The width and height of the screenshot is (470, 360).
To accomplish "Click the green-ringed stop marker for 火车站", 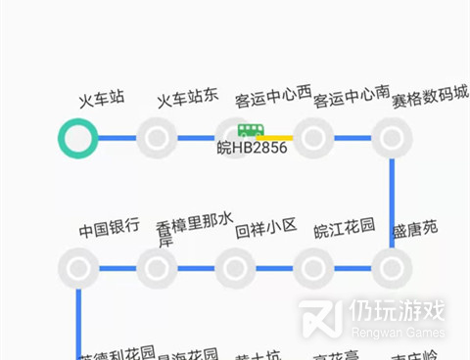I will click(77, 138).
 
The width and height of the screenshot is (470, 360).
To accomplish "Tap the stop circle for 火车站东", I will click(157, 138).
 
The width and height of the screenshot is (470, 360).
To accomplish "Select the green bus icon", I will click(251, 130).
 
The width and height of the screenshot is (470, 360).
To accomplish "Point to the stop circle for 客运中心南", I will click(313, 138).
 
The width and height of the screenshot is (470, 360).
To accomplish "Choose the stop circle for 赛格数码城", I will click(392, 138).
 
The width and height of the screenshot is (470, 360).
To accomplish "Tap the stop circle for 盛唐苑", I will click(392, 267).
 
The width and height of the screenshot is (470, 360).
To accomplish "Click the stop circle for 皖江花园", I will click(313, 267).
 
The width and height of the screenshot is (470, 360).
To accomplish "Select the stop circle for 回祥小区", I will click(235, 267).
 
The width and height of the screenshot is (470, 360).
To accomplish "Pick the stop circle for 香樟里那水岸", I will click(157, 267).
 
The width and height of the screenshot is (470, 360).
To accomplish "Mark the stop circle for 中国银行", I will click(77, 267).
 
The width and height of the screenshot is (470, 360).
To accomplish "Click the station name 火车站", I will click(102, 98).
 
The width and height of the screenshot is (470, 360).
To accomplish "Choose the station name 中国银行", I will click(109, 231).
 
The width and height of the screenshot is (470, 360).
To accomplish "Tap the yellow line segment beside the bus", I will click(279, 138).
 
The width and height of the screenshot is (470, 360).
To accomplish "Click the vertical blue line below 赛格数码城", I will click(392, 201).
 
